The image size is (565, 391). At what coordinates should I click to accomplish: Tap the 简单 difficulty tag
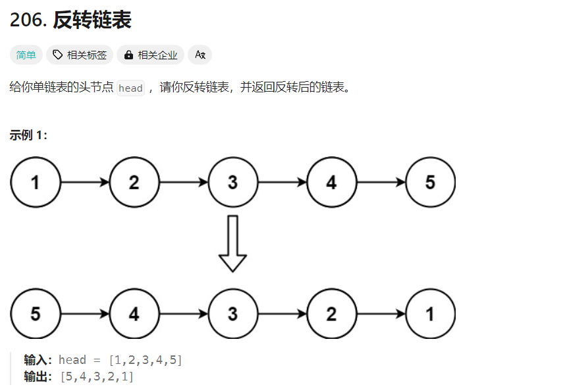26,55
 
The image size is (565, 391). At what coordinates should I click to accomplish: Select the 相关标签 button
80,55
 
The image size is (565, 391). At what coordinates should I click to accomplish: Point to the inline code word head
130,88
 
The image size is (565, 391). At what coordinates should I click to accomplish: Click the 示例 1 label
28,135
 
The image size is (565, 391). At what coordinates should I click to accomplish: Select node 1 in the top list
35,182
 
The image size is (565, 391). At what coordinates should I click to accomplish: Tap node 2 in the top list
134,182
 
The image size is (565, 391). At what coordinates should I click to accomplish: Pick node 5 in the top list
430,182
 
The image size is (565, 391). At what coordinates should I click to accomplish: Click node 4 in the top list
331,182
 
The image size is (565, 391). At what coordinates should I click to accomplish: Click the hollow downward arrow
232,243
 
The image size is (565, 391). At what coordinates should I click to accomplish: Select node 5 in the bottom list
35,313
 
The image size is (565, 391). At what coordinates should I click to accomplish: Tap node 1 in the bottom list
430,313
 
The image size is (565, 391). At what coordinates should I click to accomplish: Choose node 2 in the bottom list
331,313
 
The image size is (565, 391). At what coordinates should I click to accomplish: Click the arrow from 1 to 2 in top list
85,182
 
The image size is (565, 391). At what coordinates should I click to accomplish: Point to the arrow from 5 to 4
85,313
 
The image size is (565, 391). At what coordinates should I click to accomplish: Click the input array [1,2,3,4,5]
146,360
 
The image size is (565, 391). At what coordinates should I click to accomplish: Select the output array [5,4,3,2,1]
97,376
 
